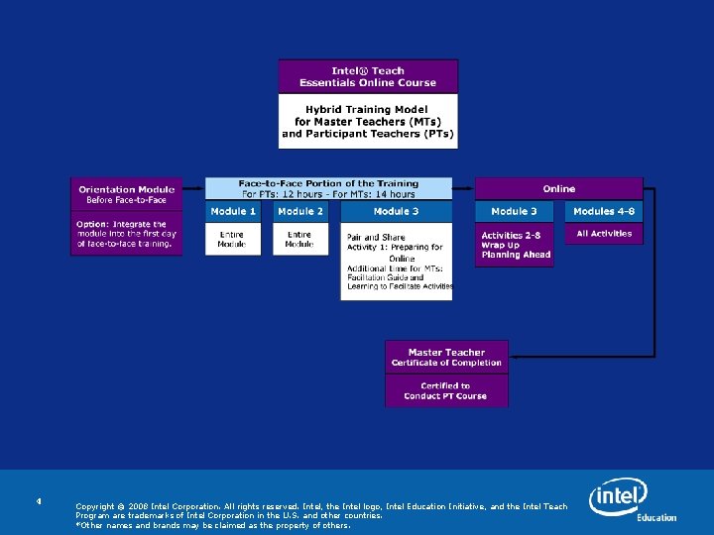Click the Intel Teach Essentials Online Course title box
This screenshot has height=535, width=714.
click(x=368, y=76)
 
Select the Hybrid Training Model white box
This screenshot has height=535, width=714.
click(x=368, y=121)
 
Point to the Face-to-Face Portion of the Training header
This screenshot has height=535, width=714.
click(x=328, y=188)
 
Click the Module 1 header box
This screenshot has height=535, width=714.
click(x=233, y=211)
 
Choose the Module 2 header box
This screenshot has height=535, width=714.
click(x=300, y=211)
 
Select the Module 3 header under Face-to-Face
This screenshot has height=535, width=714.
click(x=396, y=211)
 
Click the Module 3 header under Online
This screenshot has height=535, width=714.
click(x=515, y=211)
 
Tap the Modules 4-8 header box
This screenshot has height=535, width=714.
click(x=604, y=211)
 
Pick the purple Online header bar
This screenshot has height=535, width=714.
click(x=558, y=188)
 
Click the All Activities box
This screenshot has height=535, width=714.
click(x=604, y=234)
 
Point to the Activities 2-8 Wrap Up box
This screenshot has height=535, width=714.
click(x=515, y=245)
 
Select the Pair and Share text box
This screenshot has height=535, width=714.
click(x=396, y=262)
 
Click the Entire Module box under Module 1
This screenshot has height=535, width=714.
click(x=233, y=239)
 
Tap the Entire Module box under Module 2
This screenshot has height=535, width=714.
click(x=300, y=239)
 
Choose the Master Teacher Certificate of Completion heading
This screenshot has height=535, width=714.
click(x=446, y=358)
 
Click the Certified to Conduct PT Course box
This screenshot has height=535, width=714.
click(x=446, y=390)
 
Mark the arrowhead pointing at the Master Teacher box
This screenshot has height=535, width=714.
click(x=514, y=356)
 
